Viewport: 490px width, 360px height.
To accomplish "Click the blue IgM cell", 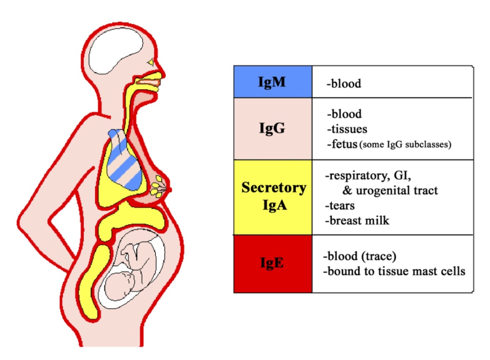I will (273, 82).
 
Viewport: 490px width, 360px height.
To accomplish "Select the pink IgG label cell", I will (273, 128).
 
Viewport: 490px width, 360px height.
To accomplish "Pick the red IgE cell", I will (273, 263).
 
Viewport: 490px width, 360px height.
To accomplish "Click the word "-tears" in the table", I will (340, 205).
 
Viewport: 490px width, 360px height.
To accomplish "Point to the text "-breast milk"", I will (357, 220).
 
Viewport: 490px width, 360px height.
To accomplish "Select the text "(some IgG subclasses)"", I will (405, 144).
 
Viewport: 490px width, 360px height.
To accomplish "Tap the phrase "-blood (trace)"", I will (359, 256).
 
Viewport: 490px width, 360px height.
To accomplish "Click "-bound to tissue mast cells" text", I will (394, 271).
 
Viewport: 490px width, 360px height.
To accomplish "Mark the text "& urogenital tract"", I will (390, 190).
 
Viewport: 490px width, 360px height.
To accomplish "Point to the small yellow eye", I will (151, 63).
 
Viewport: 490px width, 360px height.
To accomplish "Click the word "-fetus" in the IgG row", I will (342, 144).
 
